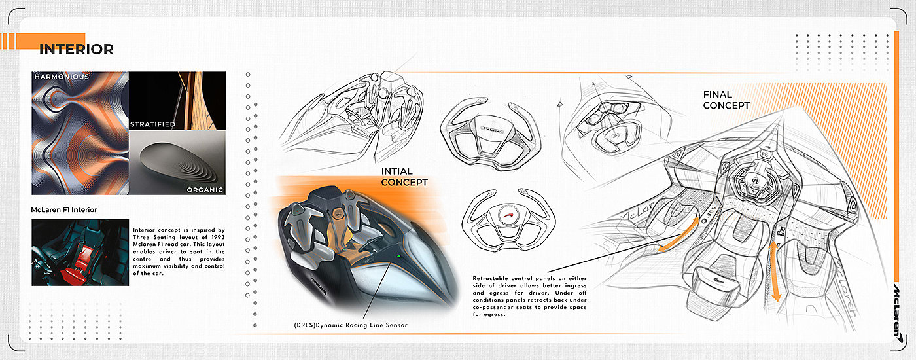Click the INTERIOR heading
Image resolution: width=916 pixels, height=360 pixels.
click(76, 49)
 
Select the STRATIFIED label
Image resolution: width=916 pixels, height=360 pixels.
click(152, 124)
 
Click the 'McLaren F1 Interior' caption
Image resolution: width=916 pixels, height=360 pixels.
click(64, 209)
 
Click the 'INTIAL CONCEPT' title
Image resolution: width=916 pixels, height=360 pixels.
click(404, 177)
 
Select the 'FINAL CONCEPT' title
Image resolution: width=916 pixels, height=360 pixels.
click(726, 99)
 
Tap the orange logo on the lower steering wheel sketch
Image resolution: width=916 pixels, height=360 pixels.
click(502, 217)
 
